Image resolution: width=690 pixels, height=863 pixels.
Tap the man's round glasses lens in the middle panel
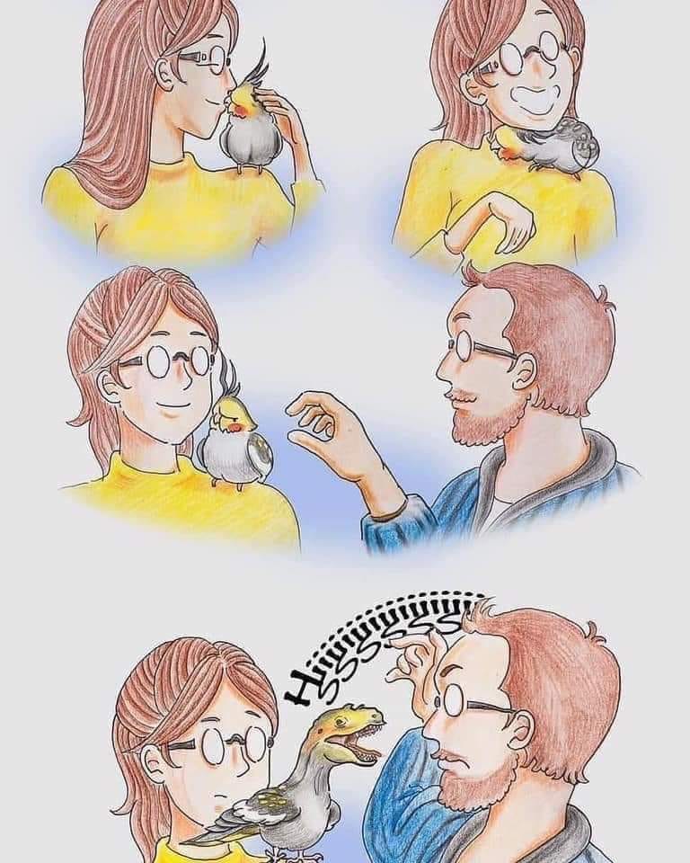(x=459, y=347)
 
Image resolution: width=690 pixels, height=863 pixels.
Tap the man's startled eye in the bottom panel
(x=438, y=703)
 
